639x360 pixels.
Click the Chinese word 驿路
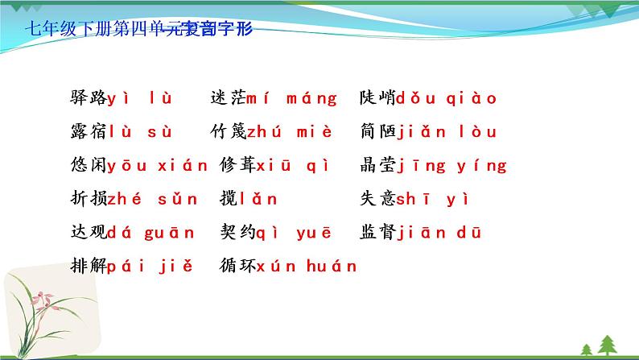click(x=89, y=99)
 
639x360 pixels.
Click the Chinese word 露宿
click(x=89, y=132)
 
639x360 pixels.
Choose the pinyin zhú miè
click(x=286, y=132)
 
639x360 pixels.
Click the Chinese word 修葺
click(x=237, y=166)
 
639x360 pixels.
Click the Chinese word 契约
click(x=237, y=233)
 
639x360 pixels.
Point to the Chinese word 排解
click(x=89, y=266)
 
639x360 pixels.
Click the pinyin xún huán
click(x=307, y=266)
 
